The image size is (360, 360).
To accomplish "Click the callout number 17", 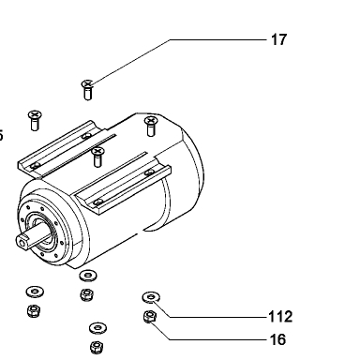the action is (278, 40).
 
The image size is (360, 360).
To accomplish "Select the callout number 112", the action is (280, 317).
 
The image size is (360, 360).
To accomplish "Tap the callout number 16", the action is (277, 339).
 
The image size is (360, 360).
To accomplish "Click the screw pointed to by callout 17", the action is (88, 90).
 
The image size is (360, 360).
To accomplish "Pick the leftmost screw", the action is (35, 120).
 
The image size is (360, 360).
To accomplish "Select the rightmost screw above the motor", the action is (151, 127).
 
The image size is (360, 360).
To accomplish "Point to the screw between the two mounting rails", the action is (97, 157).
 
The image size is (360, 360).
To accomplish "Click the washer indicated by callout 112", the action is (151, 297).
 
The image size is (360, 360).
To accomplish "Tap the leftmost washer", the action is (35, 292).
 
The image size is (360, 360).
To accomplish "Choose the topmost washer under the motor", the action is (88, 276).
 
